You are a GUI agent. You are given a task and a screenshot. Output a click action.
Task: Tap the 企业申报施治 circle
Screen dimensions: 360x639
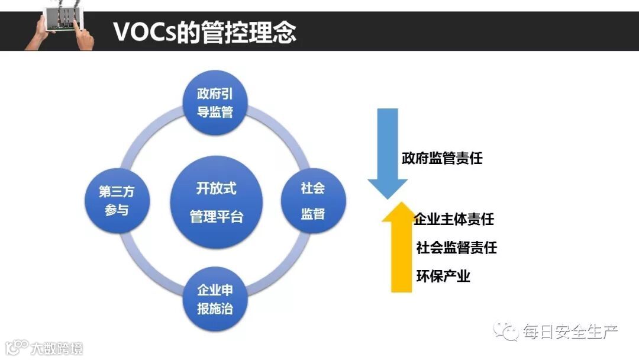click(x=219, y=299)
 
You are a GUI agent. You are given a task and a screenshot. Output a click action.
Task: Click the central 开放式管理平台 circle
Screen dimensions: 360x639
click(x=216, y=202)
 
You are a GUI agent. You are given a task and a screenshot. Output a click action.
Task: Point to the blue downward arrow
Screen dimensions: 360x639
click(x=388, y=153)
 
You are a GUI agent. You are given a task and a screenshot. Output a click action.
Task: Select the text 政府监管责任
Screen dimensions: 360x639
click(x=442, y=158)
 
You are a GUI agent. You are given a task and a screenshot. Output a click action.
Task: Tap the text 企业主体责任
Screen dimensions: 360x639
click(x=454, y=219)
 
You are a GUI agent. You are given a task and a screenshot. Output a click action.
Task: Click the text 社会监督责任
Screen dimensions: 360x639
click(x=456, y=247)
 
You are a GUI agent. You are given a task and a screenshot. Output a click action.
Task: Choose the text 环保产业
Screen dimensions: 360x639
click(x=443, y=276)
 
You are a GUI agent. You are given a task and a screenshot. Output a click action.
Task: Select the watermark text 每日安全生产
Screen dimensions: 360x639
click(x=570, y=332)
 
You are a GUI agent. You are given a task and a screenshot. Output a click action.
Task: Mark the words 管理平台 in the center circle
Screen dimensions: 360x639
click(x=216, y=216)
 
